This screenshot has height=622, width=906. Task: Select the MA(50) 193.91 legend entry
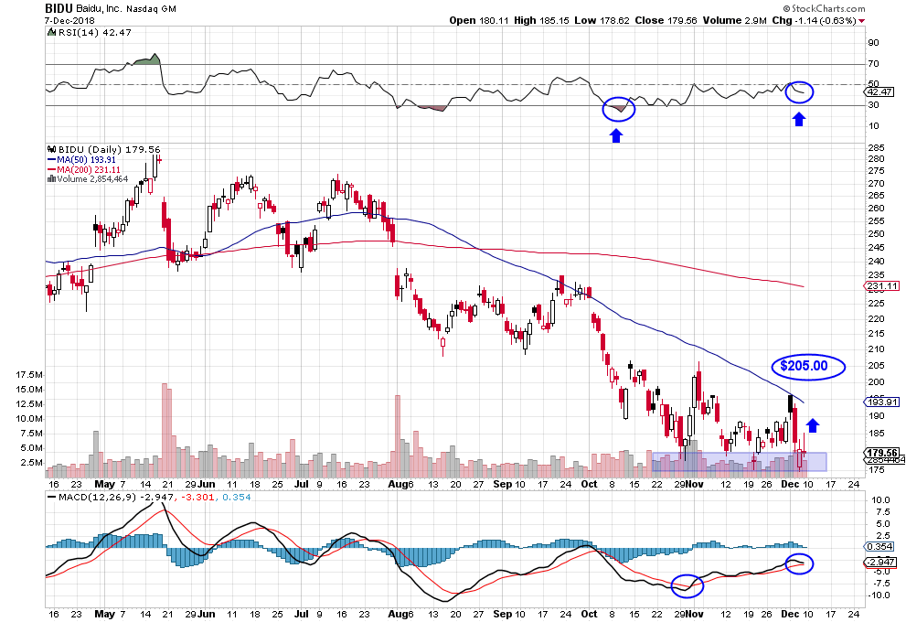(x=84, y=159)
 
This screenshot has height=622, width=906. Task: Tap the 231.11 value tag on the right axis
(x=881, y=286)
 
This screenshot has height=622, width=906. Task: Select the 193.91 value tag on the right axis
(x=881, y=402)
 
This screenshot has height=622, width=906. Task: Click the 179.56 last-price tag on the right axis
(x=881, y=452)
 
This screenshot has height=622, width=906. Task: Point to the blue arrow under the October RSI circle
(x=616, y=135)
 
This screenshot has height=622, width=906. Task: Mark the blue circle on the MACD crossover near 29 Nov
(x=687, y=584)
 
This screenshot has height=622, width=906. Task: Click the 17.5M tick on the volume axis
(x=29, y=375)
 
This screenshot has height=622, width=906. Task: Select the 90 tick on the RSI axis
(x=874, y=43)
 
